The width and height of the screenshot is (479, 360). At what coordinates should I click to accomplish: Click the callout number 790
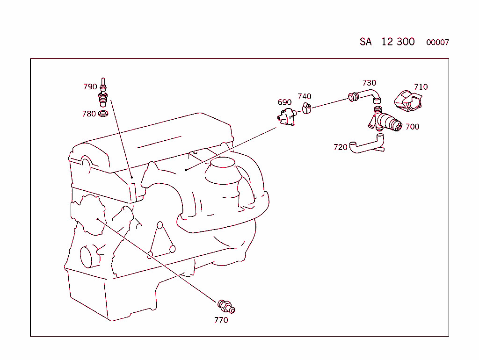pyautogui.click(x=90, y=86)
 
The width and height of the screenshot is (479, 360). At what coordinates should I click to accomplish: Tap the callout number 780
pyautogui.click(x=89, y=114)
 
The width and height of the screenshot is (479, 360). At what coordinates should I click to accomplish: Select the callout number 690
pyautogui.click(x=284, y=102)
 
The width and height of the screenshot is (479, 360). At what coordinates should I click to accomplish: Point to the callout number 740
pyautogui.click(x=305, y=96)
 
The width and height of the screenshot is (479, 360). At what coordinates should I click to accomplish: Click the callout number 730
pyautogui.click(x=370, y=83)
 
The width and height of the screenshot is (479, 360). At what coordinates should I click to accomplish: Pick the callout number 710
pyautogui.click(x=421, y=87)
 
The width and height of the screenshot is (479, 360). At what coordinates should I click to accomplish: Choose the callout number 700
pyautogui.click(x=413, y=127)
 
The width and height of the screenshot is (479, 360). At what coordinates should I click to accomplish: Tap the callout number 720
pyautogui.click(x=341, y=147)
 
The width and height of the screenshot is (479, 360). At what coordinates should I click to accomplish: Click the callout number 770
pyautogui.click(x=221, y=320)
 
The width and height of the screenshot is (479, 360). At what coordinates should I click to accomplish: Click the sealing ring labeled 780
pyautogui.click(x=103, y=114)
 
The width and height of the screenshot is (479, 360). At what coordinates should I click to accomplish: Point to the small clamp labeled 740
pyautogui.click(x=306, y=108)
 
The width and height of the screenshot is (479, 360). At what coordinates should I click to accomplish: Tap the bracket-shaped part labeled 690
pyautogui.click(x=287, y=117)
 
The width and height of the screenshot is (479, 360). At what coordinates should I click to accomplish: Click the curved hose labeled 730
pyautogui.click(x=365, y=96)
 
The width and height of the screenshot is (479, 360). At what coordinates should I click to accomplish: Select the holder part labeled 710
pyautogui.click(x=408, y=100)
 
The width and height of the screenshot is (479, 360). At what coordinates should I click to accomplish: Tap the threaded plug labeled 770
pyautogui.click(x=226, y=307)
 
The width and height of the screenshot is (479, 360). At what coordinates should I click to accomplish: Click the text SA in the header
pyautogui.click(x=366, y=42)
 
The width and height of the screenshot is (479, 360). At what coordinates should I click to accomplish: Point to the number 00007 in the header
pyautogui.click(x=437, y=43)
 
